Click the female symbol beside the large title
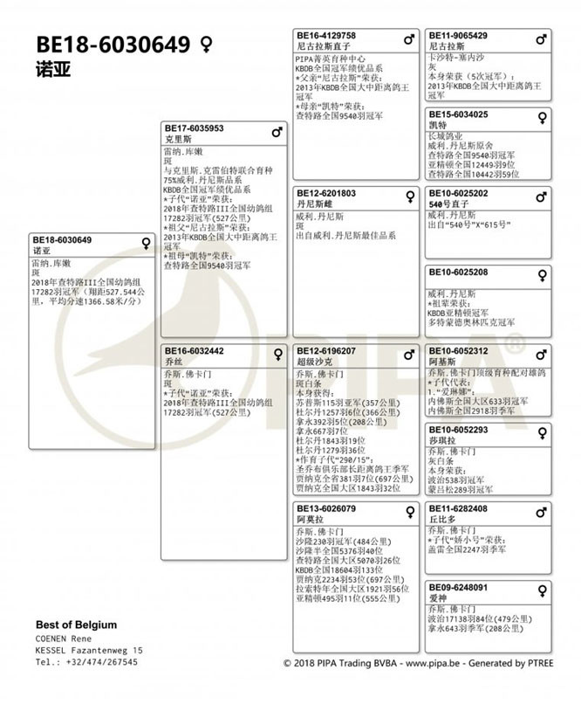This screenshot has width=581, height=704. click(x=206, y=45)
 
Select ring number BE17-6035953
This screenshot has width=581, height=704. click(x=195, y=128)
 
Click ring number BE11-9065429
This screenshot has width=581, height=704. click(x=458, y=36)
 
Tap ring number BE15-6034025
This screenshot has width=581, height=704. click(x=458, y=114)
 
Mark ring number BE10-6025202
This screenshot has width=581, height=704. click(x=458, y=193)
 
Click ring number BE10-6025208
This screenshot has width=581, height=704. click(x=458, y=272)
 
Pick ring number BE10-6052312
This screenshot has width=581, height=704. click(x=458, y=350)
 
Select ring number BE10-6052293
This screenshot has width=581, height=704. click(x=458, y=430)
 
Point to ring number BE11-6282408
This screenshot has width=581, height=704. click(x=458, y=508)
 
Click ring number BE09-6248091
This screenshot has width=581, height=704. click(x=458, y=587)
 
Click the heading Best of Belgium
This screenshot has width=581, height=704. click(x=76, y=625)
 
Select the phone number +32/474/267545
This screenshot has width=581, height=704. click(x=99, y=662)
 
